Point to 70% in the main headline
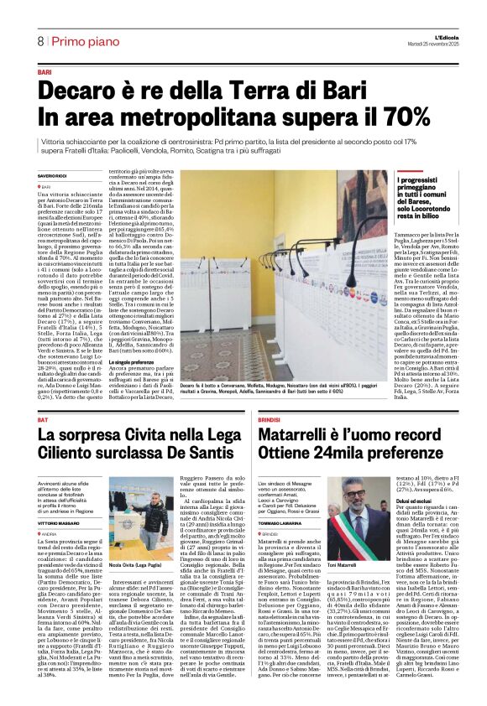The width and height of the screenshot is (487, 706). pyautogui.click(x=383, y=116)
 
